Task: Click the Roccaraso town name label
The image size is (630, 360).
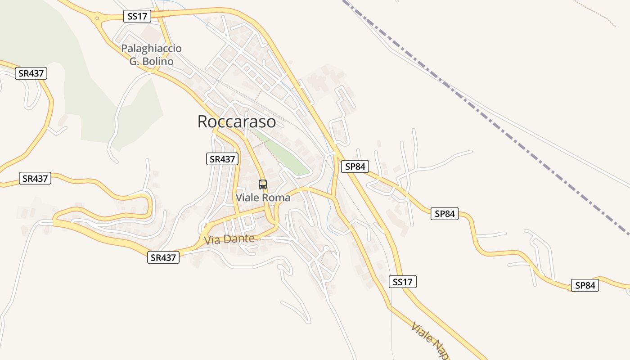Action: click(x=236, y=121)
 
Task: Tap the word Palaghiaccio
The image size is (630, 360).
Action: click(x=151, y=49)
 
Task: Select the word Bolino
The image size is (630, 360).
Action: click(x=158, y=61)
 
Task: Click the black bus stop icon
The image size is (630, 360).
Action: click(x=263, y=184)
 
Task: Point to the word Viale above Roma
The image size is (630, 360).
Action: click(x=248, y=198)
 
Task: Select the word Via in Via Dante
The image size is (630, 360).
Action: click(x=212, y=241)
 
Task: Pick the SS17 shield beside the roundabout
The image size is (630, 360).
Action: click(x=137, y=16)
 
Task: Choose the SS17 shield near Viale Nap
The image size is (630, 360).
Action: click(x=402, y=282)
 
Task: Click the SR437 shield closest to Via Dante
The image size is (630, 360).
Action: click(x=163, y=257)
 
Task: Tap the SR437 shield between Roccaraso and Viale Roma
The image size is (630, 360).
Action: click(x=222, y=159)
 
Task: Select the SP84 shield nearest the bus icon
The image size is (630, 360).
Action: click(x=355, y=166)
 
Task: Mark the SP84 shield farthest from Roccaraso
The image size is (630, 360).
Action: click(x=585, y=285)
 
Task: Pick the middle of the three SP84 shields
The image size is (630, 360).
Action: click(x=445, y=214)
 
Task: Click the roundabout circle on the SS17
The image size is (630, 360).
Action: click(x=97, y=18)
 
